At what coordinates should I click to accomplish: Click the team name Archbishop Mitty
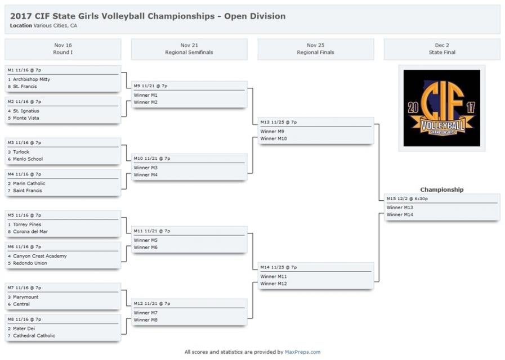(x=32, y=79)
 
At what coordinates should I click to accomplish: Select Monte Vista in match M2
(x=26, y=118)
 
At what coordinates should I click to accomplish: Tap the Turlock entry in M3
(x=21, y=152)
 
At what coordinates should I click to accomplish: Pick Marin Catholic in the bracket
(x=29, y=183)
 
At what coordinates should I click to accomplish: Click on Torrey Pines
(x=27, y=224)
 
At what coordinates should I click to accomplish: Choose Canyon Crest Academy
(x=40, y=256)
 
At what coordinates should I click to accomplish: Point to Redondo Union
(x=30, y=263)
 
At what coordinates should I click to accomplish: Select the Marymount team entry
(x=25, y=297)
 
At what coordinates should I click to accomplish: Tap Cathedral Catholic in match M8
(x=34, y=336)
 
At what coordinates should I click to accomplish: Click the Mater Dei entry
(x=24, y=328)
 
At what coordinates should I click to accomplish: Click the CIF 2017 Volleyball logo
(x=442, y=108)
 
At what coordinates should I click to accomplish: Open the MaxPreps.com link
(x=302, y=352)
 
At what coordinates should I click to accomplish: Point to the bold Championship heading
(x=442, y=190)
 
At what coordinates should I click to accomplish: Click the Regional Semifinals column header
(x=189, y=52)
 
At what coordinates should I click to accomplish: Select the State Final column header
(x=442, y=52)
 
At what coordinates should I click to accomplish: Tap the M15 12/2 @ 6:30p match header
(x=407, y=199)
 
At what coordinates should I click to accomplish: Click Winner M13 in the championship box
(x=400, y=208)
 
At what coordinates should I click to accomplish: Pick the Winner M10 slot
(x=274, y=139)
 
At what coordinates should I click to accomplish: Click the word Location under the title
(x=21, y=26)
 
